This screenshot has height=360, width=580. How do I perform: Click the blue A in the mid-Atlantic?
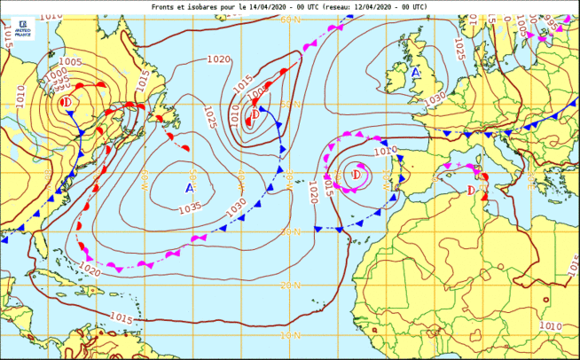[190, 188]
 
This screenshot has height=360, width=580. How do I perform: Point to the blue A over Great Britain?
[415, 72]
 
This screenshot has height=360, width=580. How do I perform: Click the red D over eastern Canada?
[66, 103]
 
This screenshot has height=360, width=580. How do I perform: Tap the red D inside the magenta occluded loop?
[356, 175]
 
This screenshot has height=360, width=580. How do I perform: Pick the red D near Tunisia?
[471, 191]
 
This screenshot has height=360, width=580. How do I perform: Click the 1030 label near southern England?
[435, 99]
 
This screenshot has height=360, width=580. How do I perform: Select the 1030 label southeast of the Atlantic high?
[237, 206]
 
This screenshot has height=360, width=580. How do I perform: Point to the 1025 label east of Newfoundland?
[209, 117]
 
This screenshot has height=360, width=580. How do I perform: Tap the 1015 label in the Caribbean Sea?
[121, 318]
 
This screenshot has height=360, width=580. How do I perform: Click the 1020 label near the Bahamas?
[90, 266]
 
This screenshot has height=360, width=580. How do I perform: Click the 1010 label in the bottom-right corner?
[550, 326]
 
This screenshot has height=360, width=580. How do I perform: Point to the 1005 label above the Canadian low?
[70, 62]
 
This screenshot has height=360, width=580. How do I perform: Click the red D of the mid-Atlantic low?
[255, 114]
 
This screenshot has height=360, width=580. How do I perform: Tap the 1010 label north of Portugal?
[385, 151]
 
